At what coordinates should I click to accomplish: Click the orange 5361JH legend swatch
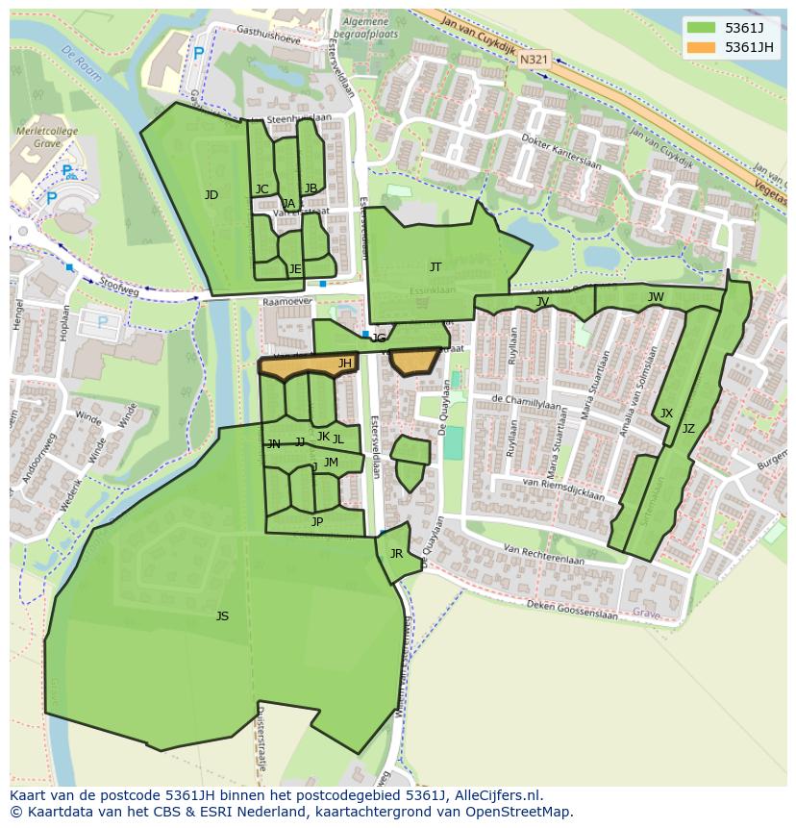pyautogui.click(x=702, y=47)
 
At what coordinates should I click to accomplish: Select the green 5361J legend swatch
pyautogui.click(x=702, y=28)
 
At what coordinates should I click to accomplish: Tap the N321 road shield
pyautogui.click(x=534, y=60)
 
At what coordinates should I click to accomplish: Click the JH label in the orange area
pyautogui.click(x=344, y=364)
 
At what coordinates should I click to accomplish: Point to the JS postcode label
pyautogui.click(x=222, y=616)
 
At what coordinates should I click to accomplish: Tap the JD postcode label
pyautogui.click(x=211, y=195)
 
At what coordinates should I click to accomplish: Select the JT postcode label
pyautogui.click(x=435, y=267)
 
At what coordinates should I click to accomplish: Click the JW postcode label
pyautogui.click(x=656, y=297)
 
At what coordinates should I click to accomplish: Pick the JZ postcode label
pyautogui.click(x=688, y=429)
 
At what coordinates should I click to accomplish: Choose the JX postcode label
pyautogui.click(x=666, y=414)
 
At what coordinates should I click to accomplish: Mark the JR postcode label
pyautogui.click(x=396, y=554)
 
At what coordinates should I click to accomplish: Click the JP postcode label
pyautogui.click(x=317, y=522)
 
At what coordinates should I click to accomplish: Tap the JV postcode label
pyautogui.click(x=542, y=302)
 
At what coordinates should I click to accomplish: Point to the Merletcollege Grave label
pyautogui.click(x=38, y=138)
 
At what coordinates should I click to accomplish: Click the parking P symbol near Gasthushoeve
pyautogui.click(x=198, y=55)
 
